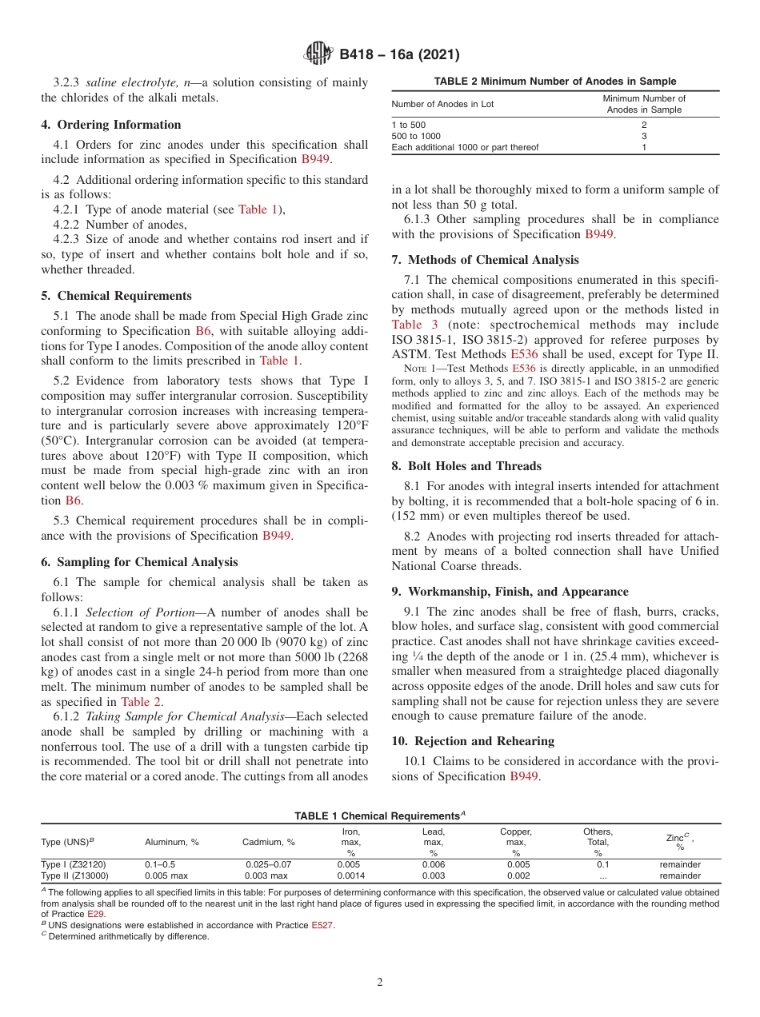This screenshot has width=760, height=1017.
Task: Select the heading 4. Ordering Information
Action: (111, 125)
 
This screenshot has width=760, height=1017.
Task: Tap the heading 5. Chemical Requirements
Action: (116, 296)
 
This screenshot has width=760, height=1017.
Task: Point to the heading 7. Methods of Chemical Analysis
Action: (485, 260)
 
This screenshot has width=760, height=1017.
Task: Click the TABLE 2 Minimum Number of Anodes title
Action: (554, 82)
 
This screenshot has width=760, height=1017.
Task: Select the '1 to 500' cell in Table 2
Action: (408, 126)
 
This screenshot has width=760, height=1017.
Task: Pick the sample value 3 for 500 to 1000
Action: (643, 137)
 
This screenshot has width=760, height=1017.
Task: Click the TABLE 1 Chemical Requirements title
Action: (380, 816)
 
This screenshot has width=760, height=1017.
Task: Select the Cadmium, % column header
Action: (269, 842)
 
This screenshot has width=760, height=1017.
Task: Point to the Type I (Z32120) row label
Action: (73, 864)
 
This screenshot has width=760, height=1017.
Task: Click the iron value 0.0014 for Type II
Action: (350, 875)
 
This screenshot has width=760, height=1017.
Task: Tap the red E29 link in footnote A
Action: (95, 913)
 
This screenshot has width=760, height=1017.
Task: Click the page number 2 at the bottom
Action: (380, 983)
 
